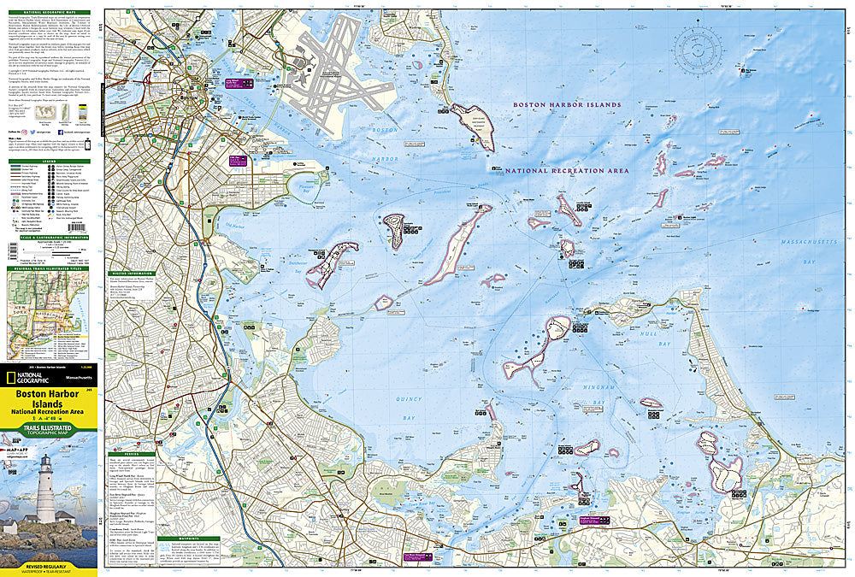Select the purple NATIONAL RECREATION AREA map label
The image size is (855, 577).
tap(566, 171)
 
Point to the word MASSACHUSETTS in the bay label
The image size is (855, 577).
tap(811, 244)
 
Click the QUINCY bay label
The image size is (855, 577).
tap(410, 399)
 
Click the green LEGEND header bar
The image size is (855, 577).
tap(49, 160)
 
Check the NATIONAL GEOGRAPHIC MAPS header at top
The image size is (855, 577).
tap(49, 10)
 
